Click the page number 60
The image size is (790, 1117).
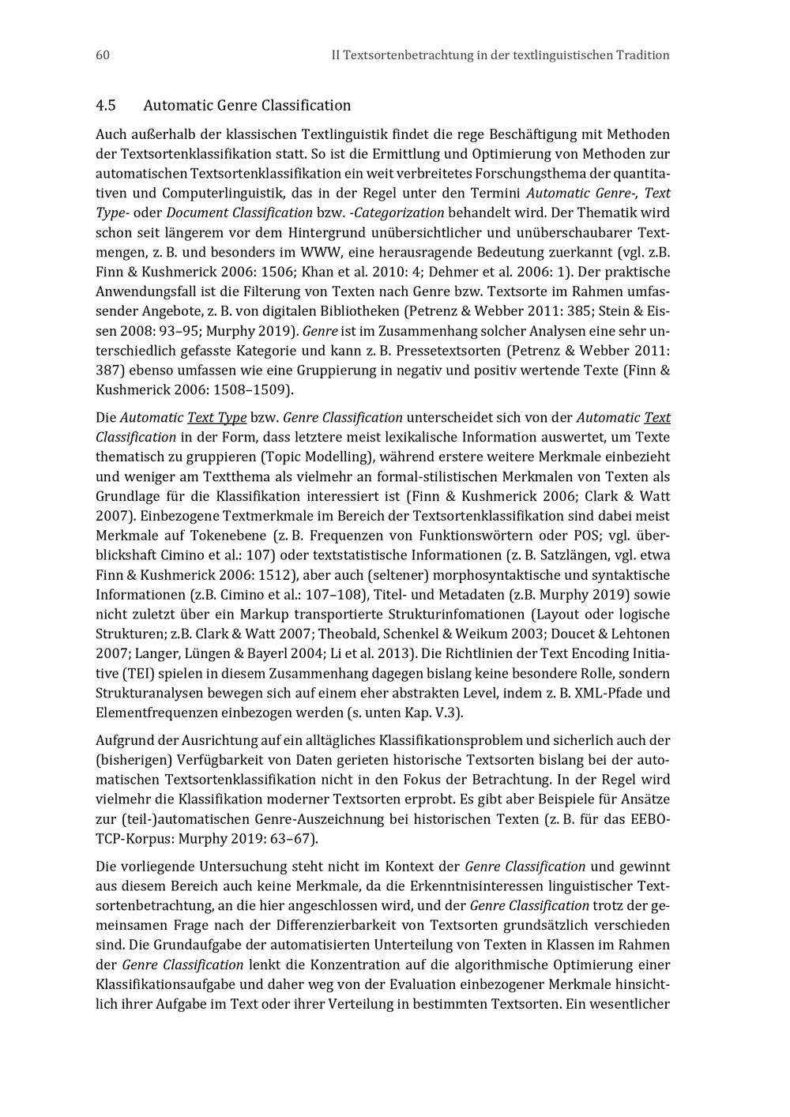(102, 55)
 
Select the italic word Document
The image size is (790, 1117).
(195, 213)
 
